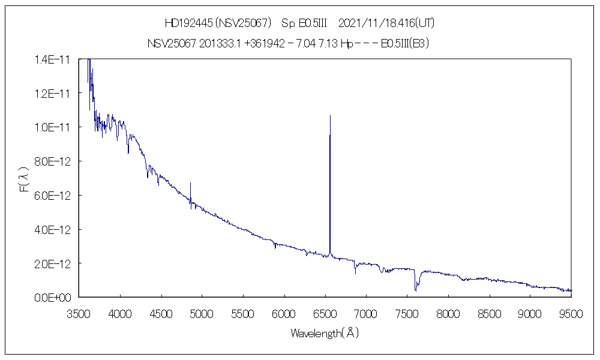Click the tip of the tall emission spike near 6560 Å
coord(330,116)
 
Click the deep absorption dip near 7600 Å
coord(415,290)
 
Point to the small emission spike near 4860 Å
coord(190,183)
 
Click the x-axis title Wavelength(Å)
coord(325,333)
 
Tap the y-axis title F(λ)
coord(25,179)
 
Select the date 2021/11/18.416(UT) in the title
coord(386,23)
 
